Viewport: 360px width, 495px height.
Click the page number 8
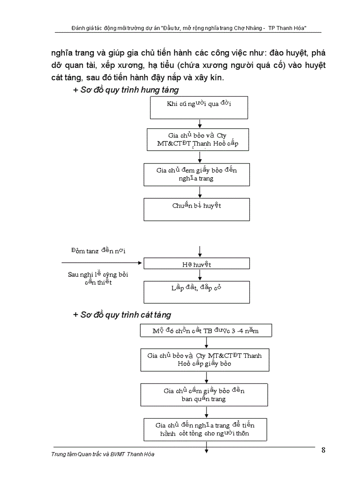coord(323,450)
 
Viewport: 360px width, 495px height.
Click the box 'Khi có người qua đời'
coord(199,108)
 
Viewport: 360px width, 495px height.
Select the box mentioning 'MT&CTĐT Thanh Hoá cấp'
coord(199,140)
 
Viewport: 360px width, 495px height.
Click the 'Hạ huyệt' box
coord(196,264)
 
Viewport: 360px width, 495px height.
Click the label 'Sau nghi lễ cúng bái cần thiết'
coord(98,278)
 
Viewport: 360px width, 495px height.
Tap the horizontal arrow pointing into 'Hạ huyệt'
coord(101,263)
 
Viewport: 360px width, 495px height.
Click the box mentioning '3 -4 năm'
coord(206,331)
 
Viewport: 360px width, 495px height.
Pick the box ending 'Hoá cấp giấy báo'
coord(204,360)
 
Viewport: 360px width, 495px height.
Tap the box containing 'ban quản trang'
coord(204,395)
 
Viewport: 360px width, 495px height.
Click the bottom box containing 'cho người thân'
coord(205,429)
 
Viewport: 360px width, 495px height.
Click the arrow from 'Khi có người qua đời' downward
coord(200,124)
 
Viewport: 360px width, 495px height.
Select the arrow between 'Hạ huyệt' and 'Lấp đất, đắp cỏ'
coord(200,275)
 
